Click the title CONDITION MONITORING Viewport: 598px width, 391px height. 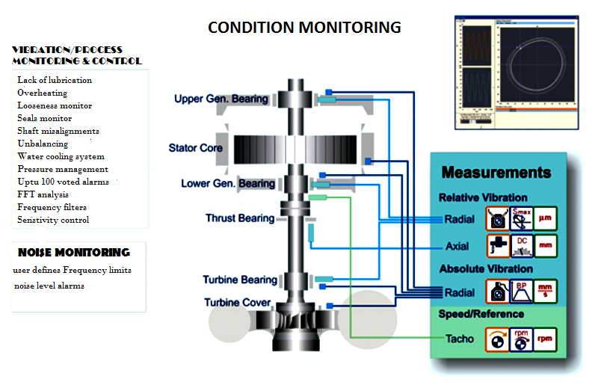point(304,28)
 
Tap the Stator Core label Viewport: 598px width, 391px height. point(196,148)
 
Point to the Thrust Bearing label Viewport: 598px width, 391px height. point(240,218)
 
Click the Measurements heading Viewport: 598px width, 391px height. point(496,173)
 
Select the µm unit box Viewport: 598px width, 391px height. point(546,218)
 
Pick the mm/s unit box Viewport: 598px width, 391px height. point(546,292)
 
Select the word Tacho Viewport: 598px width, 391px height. point(460,339)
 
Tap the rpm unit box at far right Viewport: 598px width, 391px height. point(546,339)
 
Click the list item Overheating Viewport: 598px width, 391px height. point(42,93)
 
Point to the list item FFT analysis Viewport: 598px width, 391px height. point(43,194)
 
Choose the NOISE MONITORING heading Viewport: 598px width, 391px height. point(74,253)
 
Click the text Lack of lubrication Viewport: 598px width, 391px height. point(55,80)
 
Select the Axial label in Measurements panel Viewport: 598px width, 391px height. point(457,246)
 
